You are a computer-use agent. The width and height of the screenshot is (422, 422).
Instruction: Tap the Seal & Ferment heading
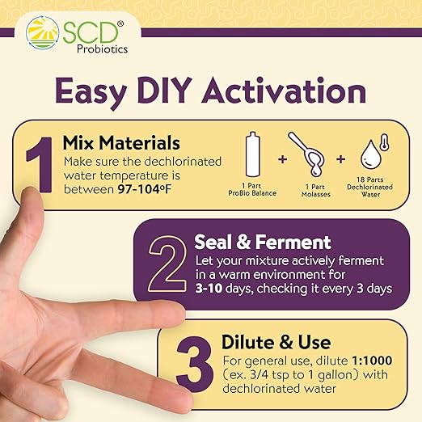[251, 242]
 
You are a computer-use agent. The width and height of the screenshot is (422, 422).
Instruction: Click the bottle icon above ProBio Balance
[251, 162]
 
